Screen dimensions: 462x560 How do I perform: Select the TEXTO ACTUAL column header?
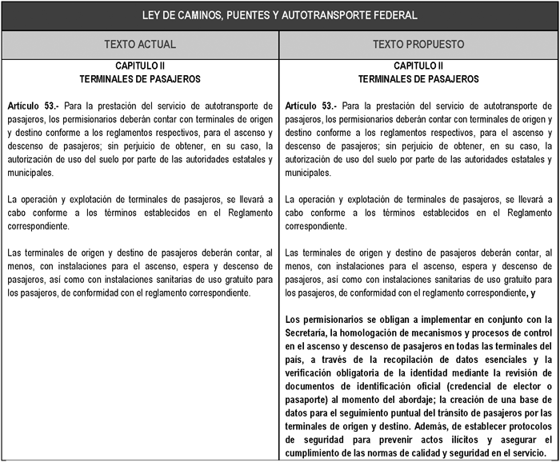pyautogui.click(x=140, y=44)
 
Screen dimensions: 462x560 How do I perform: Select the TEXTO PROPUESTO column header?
pyautogui.click(x=418, y=44)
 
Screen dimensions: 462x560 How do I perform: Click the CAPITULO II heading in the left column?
pyautogui.click(x=140, y=66)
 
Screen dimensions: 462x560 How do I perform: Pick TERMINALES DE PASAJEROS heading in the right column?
pyautogui.click(x=418, y=79)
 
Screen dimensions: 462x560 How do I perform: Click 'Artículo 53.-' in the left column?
pyautogui.click(x=33, y=106)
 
